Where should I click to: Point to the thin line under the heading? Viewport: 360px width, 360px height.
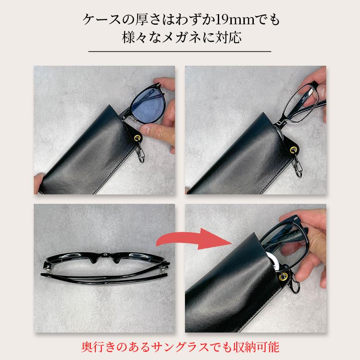click(x=180, y=52)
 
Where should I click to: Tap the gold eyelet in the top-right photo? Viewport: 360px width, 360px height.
click(x=294, y=148)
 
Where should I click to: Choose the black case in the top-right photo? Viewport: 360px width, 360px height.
click(x=234, y=153)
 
